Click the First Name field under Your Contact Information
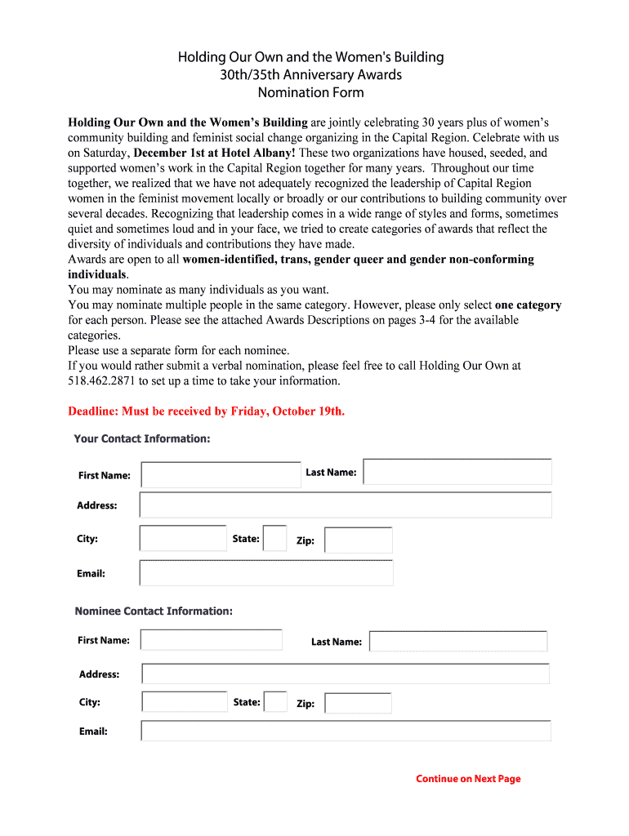221,474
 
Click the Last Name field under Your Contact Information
457,472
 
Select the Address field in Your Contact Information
345,505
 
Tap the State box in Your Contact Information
274,539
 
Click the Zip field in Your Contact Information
358,540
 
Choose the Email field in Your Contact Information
265,573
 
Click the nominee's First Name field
212,640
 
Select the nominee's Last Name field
457,641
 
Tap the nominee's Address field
345,674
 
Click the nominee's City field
184,702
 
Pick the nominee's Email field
345,731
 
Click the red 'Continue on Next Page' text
468,779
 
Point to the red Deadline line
206,411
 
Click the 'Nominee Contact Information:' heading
154,611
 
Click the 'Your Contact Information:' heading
142,438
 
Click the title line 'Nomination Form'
311,92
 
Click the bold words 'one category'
528,305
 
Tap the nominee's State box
275,702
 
